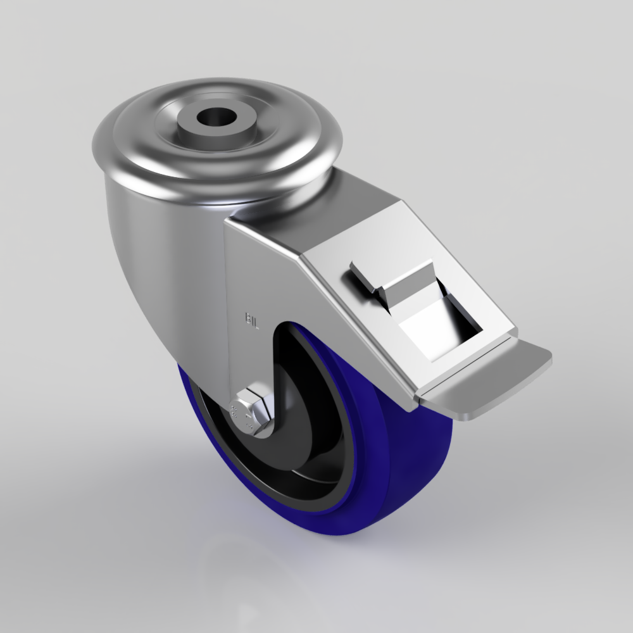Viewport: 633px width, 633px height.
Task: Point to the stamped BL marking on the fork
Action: click(x=253, y=318)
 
